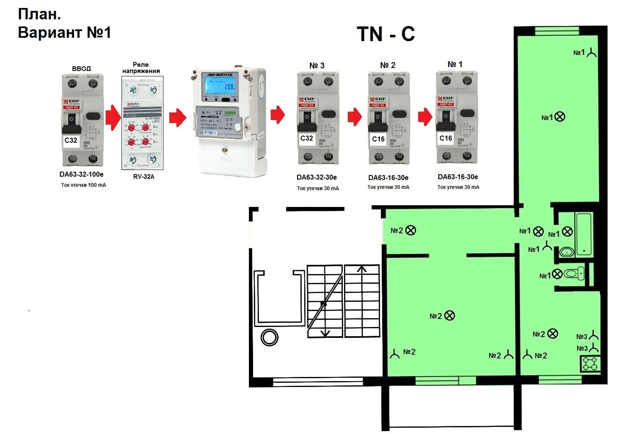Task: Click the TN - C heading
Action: [385, 34]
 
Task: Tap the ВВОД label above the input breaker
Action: [81, 68]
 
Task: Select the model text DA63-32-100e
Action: [81, 174]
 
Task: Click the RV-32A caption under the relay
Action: [144, 177]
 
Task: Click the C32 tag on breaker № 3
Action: [307, 138]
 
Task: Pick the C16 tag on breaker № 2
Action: [378, 139]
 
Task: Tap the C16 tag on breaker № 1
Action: [445, 138]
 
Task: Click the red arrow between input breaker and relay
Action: [113, 118]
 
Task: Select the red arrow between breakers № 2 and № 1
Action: [425, 116]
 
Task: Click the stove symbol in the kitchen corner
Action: [590, 363]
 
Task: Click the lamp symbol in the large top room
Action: [560, 117]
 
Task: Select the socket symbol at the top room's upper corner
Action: [591, 53]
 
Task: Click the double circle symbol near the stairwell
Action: [269, 337]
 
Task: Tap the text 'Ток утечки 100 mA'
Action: [83, 185]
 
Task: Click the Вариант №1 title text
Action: [64, 32]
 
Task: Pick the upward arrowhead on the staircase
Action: [362, 269]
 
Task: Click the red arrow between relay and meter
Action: [178, 118]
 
